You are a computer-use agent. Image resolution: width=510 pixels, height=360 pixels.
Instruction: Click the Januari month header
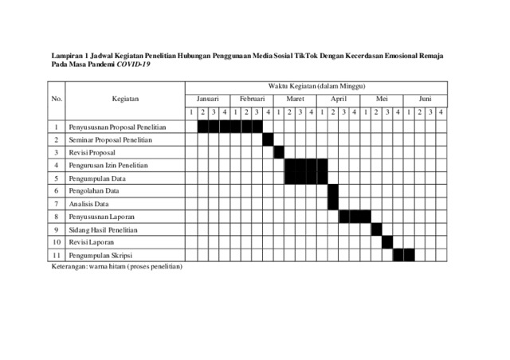207,99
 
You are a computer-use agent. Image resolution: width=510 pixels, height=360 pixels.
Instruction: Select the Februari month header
251,99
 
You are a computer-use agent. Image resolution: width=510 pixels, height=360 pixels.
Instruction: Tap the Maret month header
295,99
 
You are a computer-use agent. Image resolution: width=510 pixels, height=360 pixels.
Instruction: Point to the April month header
339,99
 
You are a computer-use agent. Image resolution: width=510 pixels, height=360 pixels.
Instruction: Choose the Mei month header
382,99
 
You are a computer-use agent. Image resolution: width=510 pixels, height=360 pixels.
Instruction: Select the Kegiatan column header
126,99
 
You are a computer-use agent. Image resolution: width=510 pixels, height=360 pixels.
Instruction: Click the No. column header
57,99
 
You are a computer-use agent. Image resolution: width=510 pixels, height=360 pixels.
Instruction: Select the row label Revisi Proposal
92,152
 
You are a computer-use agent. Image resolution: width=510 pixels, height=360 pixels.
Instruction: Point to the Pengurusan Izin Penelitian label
108,165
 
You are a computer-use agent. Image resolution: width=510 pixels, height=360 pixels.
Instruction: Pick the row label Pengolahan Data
94,191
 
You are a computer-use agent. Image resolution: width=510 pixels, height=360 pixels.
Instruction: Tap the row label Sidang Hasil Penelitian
104,229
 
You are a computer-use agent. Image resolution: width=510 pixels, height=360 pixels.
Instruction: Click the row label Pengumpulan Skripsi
100,255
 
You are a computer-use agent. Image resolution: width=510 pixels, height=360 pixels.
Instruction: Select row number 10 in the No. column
57,242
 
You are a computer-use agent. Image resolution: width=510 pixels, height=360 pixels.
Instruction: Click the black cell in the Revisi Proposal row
279,152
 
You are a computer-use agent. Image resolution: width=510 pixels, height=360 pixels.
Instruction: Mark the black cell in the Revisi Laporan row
387,242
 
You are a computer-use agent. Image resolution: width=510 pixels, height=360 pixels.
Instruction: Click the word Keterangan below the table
67,266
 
